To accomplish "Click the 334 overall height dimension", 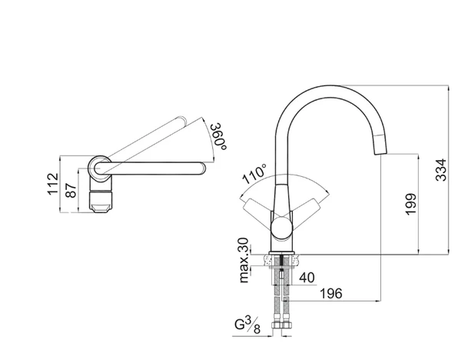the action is pyautogui.click(x=441, y=170).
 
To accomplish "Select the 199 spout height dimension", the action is pyautogui.click(x=411, y=204).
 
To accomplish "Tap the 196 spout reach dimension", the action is pyautogui.click(x=331, y=294).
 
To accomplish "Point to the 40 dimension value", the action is pyautogui.click(x=307, y=278).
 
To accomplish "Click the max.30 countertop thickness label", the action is pyautogui.click(x=244, y=260).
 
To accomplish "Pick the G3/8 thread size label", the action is pyautogui.click(x=247, y=325).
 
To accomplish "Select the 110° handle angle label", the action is pyautogui.click(x=254, y=174).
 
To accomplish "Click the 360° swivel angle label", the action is pyautogui.click(x=219, y=137).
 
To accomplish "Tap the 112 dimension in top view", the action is pyautogui.click(x=53, y=184).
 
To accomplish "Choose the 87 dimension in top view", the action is pyautogui.click(x=71, y=191).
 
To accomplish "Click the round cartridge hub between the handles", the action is pyautogui.click(x=282, y=228).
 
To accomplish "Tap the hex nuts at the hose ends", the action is pyautogui.click(x=281, y=325).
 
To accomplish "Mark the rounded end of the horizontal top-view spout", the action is pyautogui.click(x=201, y=168).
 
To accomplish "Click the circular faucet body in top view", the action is pyautogui.click(x=100, y=168).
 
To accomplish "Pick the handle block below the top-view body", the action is pyautogui.click(x=100, y=200).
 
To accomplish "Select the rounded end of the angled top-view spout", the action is pyautogui.click(x=182, y=120).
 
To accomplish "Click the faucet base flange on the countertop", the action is pyautogui.click(x=282, y=252).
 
